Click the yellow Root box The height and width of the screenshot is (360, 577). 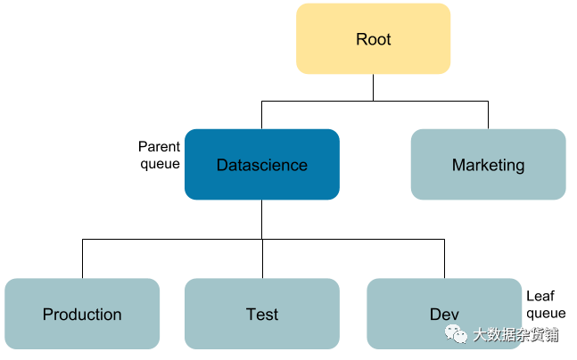373,38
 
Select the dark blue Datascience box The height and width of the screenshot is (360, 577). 262,164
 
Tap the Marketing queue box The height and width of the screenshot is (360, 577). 489,164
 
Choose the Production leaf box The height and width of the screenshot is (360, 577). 82,314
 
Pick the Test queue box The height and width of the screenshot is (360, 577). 262,314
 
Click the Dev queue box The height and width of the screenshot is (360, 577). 444,314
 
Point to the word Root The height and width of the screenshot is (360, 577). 373,39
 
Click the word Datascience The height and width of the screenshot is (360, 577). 262,165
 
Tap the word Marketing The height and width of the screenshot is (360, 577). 489,166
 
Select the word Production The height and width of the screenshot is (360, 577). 82,315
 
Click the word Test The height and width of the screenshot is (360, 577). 262,315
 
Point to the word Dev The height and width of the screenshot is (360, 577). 444,315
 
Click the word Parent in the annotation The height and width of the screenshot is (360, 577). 159,147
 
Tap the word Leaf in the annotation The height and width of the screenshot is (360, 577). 540,296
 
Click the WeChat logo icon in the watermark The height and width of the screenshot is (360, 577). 456,334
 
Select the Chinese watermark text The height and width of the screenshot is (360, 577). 516,335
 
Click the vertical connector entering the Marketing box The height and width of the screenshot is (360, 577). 489,115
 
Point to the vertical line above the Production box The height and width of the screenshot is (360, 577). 82,259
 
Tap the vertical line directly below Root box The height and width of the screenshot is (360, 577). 373,87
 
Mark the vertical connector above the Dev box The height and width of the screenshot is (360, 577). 444,259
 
